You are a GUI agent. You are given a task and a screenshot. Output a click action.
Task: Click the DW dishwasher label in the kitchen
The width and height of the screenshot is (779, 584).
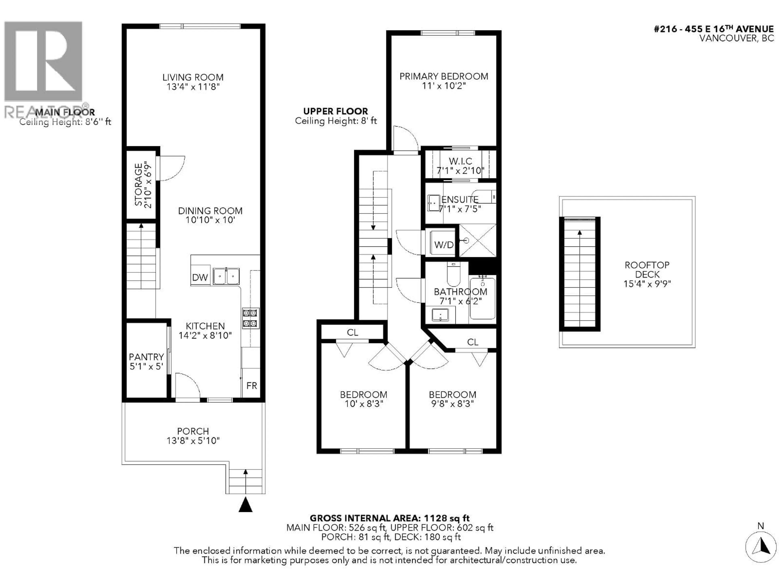coord(200,277)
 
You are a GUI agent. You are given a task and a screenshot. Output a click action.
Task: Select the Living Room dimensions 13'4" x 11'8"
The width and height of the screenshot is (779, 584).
coord(193,87)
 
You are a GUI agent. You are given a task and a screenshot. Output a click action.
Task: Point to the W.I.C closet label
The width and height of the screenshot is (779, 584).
coord(460,161)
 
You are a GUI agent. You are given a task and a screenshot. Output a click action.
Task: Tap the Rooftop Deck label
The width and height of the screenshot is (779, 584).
coord(647,270)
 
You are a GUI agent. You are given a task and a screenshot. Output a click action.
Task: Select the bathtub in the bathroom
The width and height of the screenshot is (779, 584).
coord(482,298)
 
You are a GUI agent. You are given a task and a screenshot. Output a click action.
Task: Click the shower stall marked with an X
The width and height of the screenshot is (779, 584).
coord(477,240)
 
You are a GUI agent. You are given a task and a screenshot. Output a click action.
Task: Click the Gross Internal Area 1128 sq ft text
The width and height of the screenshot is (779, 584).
coord(389,518)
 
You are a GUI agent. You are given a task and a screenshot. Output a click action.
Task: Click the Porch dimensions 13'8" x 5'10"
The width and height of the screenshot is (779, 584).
coord(193,440)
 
